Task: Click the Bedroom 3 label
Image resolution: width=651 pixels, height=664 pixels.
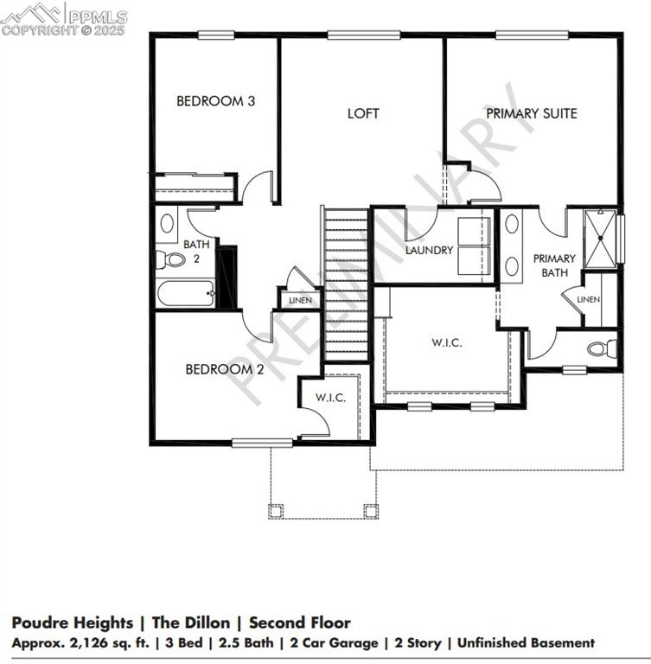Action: pyautogui.click(x=215, y=101)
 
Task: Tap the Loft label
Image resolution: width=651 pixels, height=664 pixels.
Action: pyautogui.click(x=363, y=113)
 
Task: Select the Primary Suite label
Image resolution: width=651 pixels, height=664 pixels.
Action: pyautogui.click(x=531, y=113)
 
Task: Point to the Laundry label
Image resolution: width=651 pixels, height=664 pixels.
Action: pyautogui.click(x=429, y=251)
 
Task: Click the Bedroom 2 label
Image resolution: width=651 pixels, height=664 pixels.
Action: pyautogui.click(x=225, y=369)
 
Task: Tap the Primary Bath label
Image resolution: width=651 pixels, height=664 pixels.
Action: pyautogui.click(x=553, y=265)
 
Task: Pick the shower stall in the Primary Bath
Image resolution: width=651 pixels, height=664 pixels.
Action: pyautogui.click(x=603, y=236)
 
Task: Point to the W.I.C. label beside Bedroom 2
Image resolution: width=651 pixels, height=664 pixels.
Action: pyautogui.click(x=330, y=398)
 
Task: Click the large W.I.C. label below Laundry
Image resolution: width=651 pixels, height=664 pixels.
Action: pyautogui.click(x=447, y=342)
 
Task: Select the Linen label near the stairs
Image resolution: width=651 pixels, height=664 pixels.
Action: pyautogui.click(x=299, y=301)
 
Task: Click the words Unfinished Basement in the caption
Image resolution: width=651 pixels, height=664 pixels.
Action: pyautogui.click(x=526, y=642)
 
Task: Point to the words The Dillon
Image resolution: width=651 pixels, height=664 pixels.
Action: pyautogui.click(x=191, y=622)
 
